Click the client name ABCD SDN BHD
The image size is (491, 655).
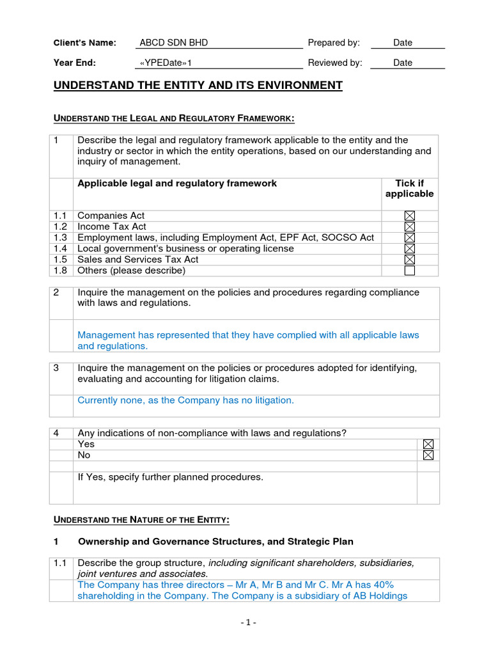pyautogui.click(x=174, y=43)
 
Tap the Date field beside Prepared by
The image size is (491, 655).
pyautogui.click(x=403, y=43)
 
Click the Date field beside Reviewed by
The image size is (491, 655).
pyautogui.click(x=403, y=63)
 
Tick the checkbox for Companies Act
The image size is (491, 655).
pyautogui.click(x=410, y=216)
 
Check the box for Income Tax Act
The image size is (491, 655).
pyautogui.click(x=410, y=226)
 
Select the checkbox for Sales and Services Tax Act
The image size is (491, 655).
pyautogui.click(x=410, y=259)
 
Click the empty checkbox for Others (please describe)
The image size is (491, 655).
pyautogui.click(x=410, y=270)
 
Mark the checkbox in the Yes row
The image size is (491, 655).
pyautogui.click(x=428, y=444)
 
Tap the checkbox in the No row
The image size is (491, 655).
pyautogui.click(x=428, y=455)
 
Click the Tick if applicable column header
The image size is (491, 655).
pyautogui.click(x=409, y=189)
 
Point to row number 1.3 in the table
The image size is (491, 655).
pyautogui.click(x=60, y=237)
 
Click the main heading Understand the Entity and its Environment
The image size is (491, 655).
pyautogui.click(x=198, y=86)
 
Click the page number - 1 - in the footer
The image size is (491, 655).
pyautogui.click(x=248, y=622)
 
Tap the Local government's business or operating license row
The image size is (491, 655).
pyautogui.click(x=185, y=248)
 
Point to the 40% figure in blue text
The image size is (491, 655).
pyautogui.click(x=382, y=585)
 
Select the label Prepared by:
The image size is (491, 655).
pyautogui.click(x=334, y=43)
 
